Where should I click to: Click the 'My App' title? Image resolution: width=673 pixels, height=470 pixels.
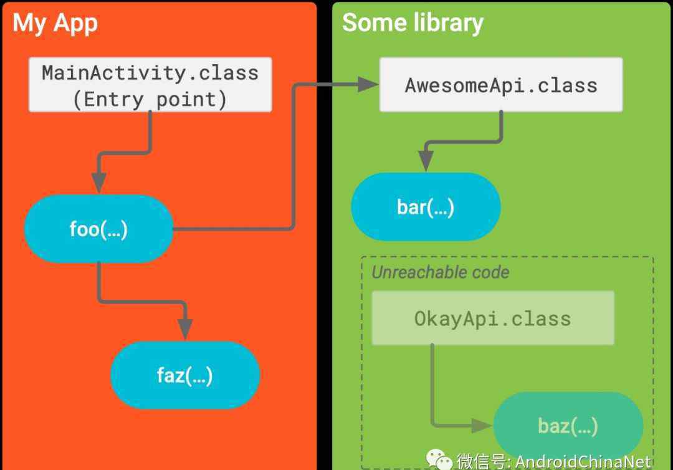pyautogui.click(x=55, y=23)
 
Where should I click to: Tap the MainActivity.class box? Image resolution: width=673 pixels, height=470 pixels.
pyautogui.click(x=150, y=85)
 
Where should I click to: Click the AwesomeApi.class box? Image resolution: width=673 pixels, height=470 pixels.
pyautogui.click(x=501, y=85)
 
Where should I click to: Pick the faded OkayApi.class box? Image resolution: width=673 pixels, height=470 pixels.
pyautogui.click(x=493, y=318)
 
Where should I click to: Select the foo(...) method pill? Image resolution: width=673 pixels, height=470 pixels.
pyautogui.click(x=98, y=229)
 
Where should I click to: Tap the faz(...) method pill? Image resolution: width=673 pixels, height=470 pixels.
pyautogui.click(x=185, y=375)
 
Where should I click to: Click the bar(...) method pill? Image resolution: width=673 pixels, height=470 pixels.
pyautogui.click(x=426, y=207)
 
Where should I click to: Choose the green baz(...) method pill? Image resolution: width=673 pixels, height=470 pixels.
pyautogui.click(x=568, y=426)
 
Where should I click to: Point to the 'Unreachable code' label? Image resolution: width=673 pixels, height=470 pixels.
pyautogui.click(x=441, y=272)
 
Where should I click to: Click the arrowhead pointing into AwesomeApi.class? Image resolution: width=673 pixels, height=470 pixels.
pyautogui.click(x=368, y=84)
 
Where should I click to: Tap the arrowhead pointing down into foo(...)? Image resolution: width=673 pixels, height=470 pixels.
pyautogui.click(x=98, y=183)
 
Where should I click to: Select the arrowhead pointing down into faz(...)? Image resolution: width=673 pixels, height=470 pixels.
pyautogui.click(x=185, y=330)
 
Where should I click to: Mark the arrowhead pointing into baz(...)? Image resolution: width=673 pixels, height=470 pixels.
pyautogui.click(x=482, y=425)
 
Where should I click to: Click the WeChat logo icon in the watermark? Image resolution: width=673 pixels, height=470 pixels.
pyautogui.click(x=439, y=459)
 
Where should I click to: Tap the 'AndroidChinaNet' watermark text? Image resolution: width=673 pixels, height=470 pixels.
pyautogui.click(x=583, y=462)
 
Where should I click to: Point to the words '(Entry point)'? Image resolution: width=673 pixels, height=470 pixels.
pyautogui.click(x=150, y=100)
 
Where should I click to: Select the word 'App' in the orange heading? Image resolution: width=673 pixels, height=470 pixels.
pyautogui.click(x=76, y=24)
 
